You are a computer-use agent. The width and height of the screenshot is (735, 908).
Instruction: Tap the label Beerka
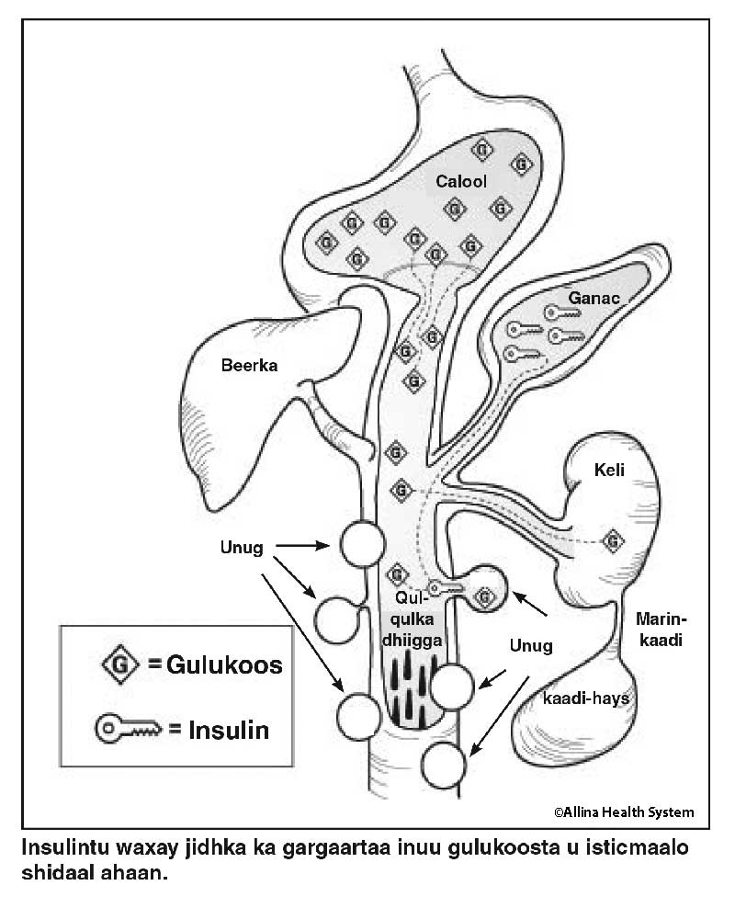tap(249, 365)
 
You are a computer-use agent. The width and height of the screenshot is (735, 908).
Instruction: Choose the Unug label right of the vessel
tap(530, 645)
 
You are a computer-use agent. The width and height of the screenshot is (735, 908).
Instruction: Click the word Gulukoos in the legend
tap(224, 664)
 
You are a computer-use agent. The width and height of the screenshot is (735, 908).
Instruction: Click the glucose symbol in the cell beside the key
tap(485, 597)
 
